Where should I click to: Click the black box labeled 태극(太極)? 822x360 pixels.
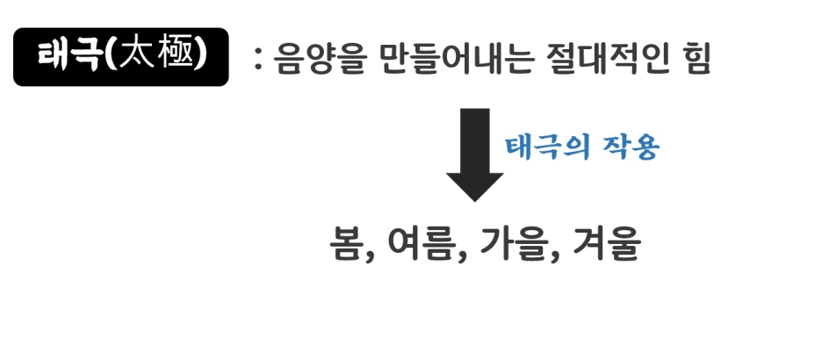[x=120, y=57]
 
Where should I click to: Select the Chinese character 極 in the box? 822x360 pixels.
[x=177, y=56]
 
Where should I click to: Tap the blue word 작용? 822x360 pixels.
[x=627, y=147]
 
